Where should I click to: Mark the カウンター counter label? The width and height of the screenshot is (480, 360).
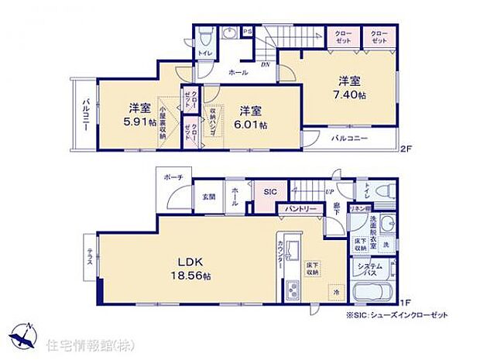point(279,256)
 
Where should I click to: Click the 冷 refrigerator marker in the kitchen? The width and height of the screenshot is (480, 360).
point(335,293)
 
